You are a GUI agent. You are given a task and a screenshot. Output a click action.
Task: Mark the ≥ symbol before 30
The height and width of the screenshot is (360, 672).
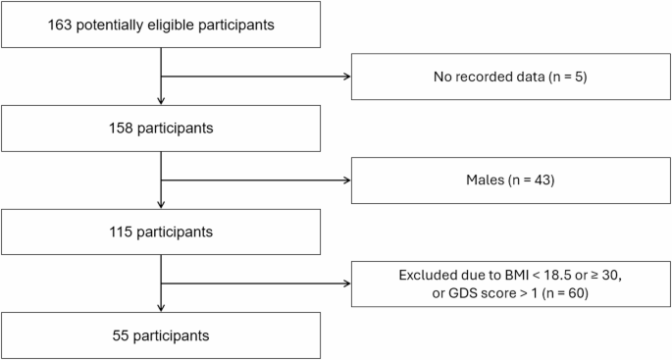[562, 275]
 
